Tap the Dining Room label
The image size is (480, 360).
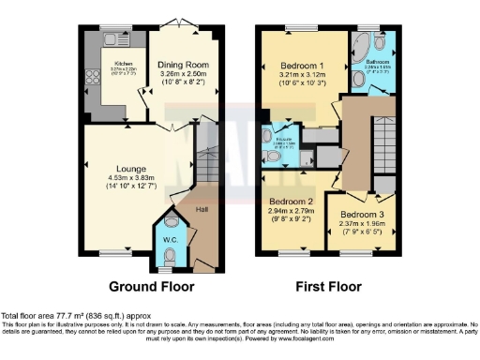point(184,57)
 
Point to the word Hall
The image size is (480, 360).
point(203,210)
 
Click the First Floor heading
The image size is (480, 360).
point(329,286)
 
